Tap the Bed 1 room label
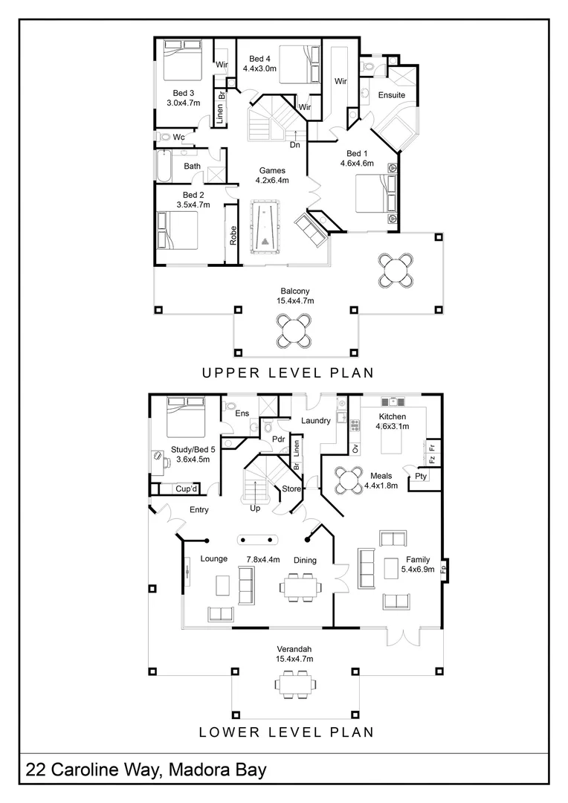pyautogui.click(x=357, y=158)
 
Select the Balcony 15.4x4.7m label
pyautogui.click(x=295, y=296)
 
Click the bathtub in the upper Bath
pyautogui.click(x=164, y=165)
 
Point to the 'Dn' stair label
pyautogui.click(x=295, y=145)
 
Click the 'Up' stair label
pyautogui.click(x=255, y=508)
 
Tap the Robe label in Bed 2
pyautogui.click(x=233, y=236)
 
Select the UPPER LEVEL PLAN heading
pyautogui.click(x=288, y=373)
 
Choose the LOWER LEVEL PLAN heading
pyautogui.click(x=286, y=732)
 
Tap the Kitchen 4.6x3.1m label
pyautogui.click(x=393, y=422)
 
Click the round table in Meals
pyautogui.click(x=347, y=480)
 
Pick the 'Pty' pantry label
pyautogui.click(x=421, y=476)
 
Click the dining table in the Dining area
pyautogui.click(x=301, y=587)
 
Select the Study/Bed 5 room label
pyautogui.click(x=193, y=454)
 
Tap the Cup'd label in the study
pyautogui.click(x=186, y=488)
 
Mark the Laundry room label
pyautogui.click(x=315, y=420)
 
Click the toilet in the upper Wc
pyautogui.click(x=164, y=137)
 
